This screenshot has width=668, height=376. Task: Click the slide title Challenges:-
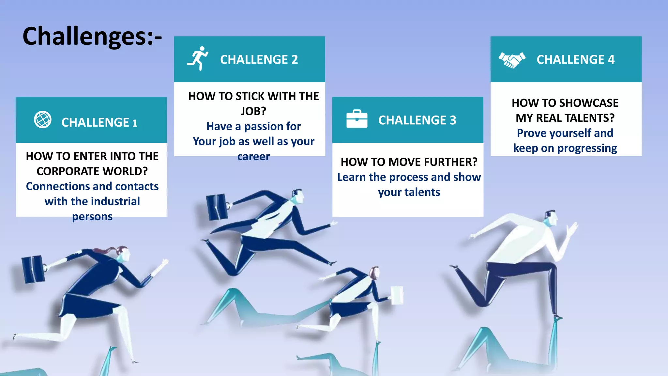92,37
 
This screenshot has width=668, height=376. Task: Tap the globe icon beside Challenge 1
43,120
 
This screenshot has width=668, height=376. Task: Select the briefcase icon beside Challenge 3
357,119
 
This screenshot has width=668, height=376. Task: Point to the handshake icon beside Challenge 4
512,60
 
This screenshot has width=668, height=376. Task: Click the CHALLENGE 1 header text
99,122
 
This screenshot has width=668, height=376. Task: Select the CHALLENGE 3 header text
417,120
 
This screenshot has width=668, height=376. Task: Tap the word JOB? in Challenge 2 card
253,111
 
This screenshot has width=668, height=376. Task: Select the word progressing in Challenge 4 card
587,148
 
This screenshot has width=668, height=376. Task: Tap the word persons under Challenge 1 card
92,216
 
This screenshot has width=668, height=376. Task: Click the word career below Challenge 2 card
253,157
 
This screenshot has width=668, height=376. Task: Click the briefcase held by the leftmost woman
33,269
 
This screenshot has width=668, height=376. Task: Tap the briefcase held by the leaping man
217,207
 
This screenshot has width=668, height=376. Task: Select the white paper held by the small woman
397,295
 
